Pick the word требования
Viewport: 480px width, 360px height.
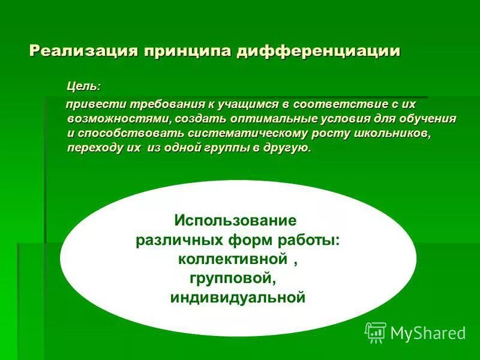[x=158, y=104]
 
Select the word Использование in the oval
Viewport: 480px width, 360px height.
[x=235, y=220]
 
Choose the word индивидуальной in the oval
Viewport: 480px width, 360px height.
[x=238, y=297]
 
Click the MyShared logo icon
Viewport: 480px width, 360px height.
[x=376, y=332]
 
